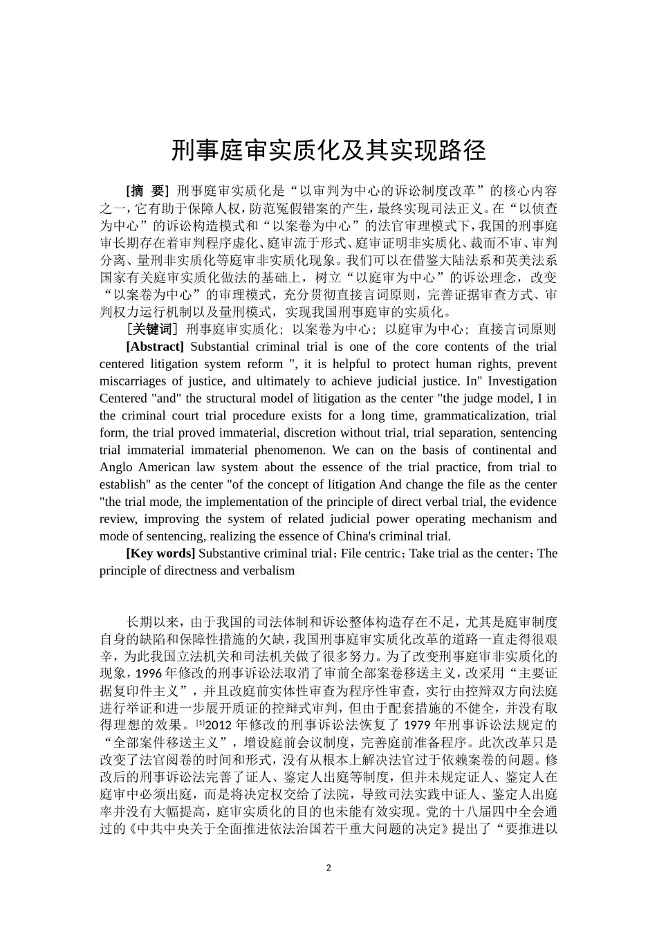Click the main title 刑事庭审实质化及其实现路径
pyautogui.click(x=328, y=150)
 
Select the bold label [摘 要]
pyautogui.click(x=147, y=191)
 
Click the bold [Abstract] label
pyautogui.click(x=155, y=347)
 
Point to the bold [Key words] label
pyautogui.click(x=160, y=553)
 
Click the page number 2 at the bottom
pyautogui.click(x=328, y=868)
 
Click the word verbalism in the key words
pyautogui.click(x=268, y=571)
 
